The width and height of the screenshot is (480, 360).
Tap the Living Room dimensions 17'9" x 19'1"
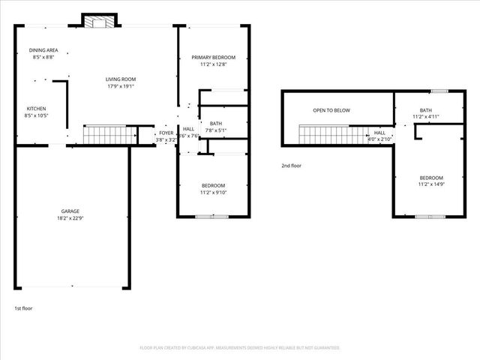pos(120,85)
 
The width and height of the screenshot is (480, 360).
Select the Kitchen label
pos(37,109)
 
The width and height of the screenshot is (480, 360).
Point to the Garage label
pos(70,211)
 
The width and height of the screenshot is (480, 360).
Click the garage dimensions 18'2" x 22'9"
pos(70,218)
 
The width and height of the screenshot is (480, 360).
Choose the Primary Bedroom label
pos(213,58)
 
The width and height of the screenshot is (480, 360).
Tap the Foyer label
pos(166,133)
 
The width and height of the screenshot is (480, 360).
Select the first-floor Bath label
pos(216,124)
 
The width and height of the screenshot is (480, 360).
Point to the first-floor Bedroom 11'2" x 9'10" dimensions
pos(213,193)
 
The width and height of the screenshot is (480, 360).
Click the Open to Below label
pos(331,110)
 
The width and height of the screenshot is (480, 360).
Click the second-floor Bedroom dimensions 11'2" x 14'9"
pos(430,184)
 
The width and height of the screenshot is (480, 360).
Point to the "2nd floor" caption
pos(292,165)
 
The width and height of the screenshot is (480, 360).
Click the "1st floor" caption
pos(23,308)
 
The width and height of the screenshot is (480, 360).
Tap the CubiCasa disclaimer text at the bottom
pos(240,348)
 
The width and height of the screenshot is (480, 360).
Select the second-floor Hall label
pos(379,133)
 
